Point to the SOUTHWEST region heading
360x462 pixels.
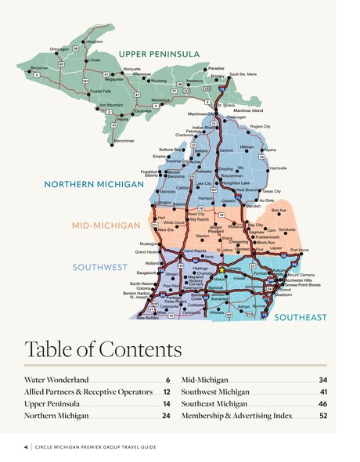tap(99, 267)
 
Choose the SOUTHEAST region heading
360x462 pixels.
tap(300, 317)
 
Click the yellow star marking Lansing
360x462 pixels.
tap(221, 269)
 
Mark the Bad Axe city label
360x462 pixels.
tap(278, 210)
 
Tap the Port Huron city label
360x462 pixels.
tap(299, 250)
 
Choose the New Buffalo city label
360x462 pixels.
tap(147, 318)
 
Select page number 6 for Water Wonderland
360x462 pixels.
tap(167, 380)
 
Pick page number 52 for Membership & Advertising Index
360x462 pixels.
tap(323, 416)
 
